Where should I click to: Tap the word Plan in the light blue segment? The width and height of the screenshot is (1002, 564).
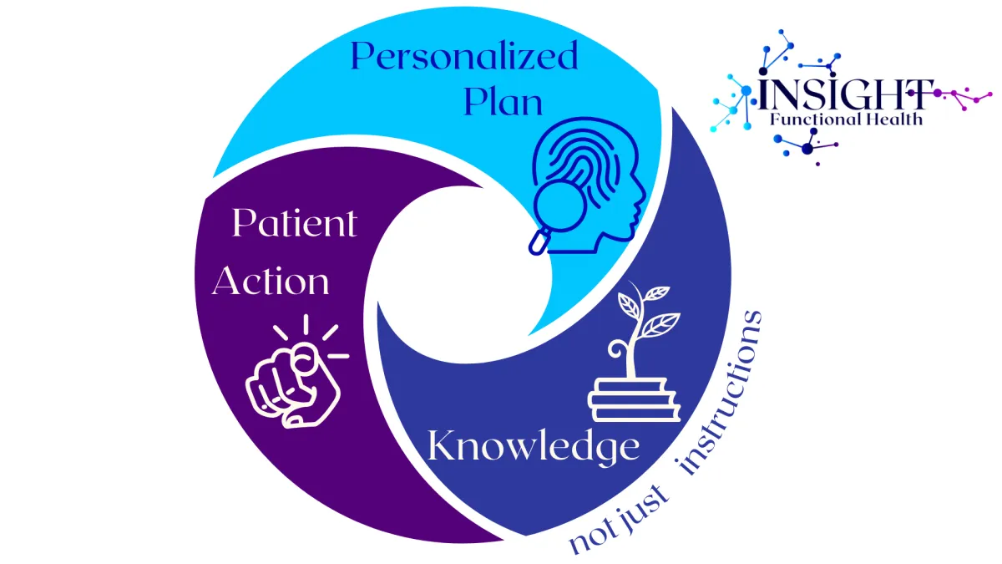point(503,102)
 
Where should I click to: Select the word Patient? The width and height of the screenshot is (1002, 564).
point(294,224)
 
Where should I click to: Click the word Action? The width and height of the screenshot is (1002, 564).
point(271,282)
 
